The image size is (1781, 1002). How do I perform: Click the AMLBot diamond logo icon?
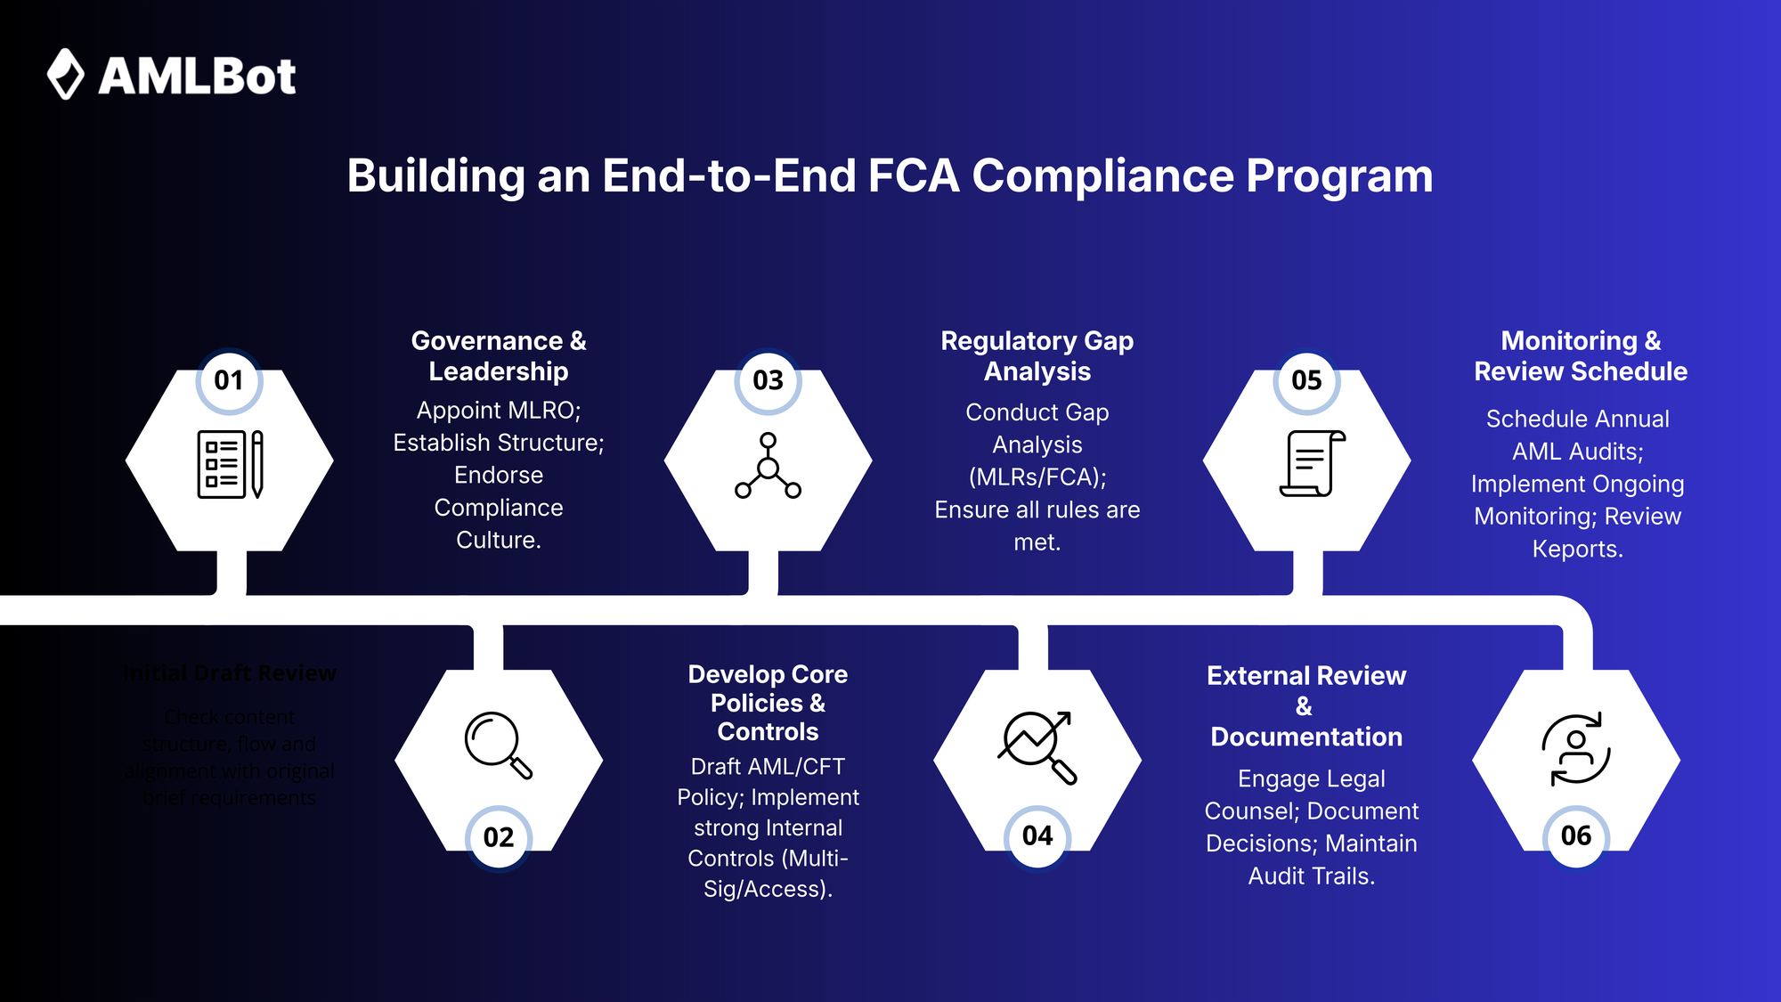pos(65,74)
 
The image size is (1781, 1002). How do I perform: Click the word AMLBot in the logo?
pos(197,77)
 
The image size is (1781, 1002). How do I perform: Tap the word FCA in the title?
pos(913,175)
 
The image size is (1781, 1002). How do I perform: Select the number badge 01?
pos(229,380)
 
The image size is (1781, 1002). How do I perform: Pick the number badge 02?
pos(499,837)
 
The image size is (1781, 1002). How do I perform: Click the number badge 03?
pos(768,380)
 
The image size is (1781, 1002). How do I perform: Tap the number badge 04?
pos(1037,836)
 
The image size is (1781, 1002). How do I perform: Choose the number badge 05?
pos(1306,380)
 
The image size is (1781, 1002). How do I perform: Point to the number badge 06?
pos(1576,836)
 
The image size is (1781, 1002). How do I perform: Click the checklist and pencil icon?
pos(230,464)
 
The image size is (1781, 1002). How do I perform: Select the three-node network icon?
pos(768,466)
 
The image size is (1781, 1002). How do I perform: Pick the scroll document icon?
pos(1312,463)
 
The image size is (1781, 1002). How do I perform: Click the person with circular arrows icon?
pos(1576,748)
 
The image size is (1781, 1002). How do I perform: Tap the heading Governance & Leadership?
pos(499,355)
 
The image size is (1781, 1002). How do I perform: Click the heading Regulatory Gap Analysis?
pos(1037,355)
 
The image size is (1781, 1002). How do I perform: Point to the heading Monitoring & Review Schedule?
pos(1581,355)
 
